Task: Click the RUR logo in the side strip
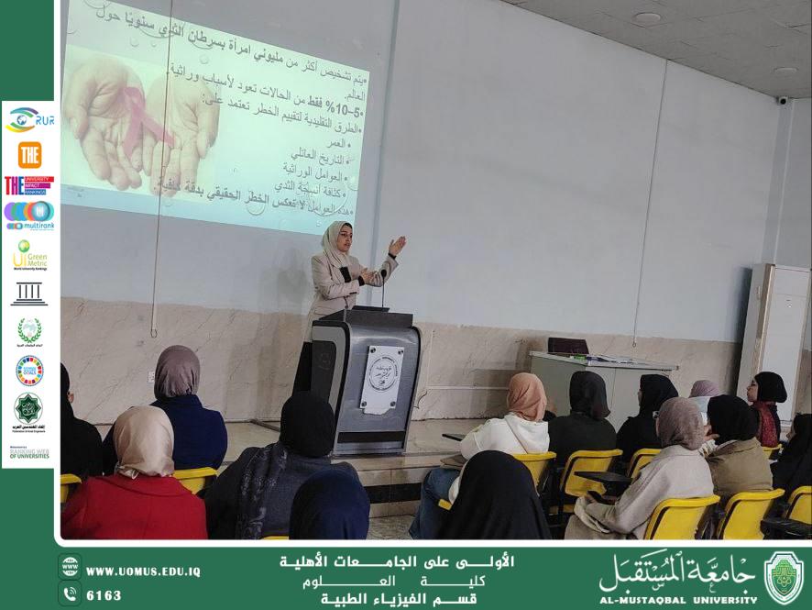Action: click(28, 120)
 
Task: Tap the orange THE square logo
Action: click(29, 154)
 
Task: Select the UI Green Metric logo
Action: click(29, 256)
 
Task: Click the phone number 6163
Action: click(104, 595)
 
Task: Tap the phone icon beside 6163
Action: click(69, 594)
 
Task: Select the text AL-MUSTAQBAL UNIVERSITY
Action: click(678, 599)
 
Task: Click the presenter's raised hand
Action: click(397, 246)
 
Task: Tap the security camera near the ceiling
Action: click(782, 100)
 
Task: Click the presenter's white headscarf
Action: click(334, 243)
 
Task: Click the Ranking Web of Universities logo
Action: click(29, 452)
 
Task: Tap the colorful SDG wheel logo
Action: click(29, 369)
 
